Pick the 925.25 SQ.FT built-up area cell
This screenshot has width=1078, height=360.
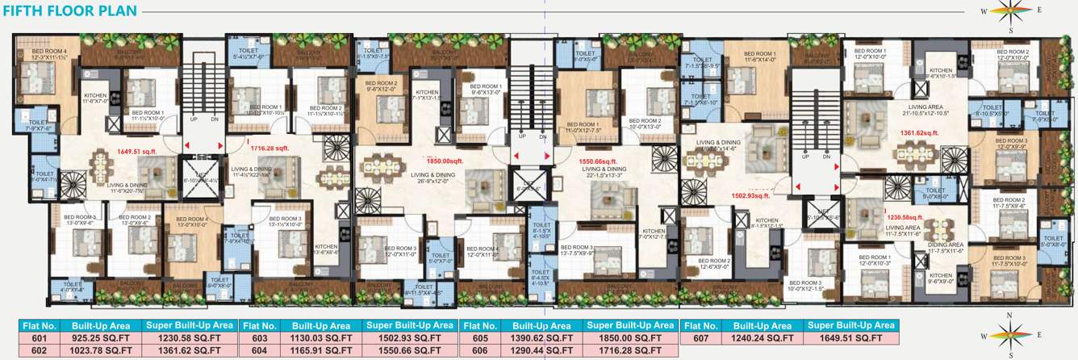(96, 338)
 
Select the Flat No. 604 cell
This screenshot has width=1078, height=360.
(258, 351)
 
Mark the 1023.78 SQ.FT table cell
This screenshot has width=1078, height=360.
(96, 351)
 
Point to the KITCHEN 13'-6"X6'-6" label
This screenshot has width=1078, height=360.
(326, 249)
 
